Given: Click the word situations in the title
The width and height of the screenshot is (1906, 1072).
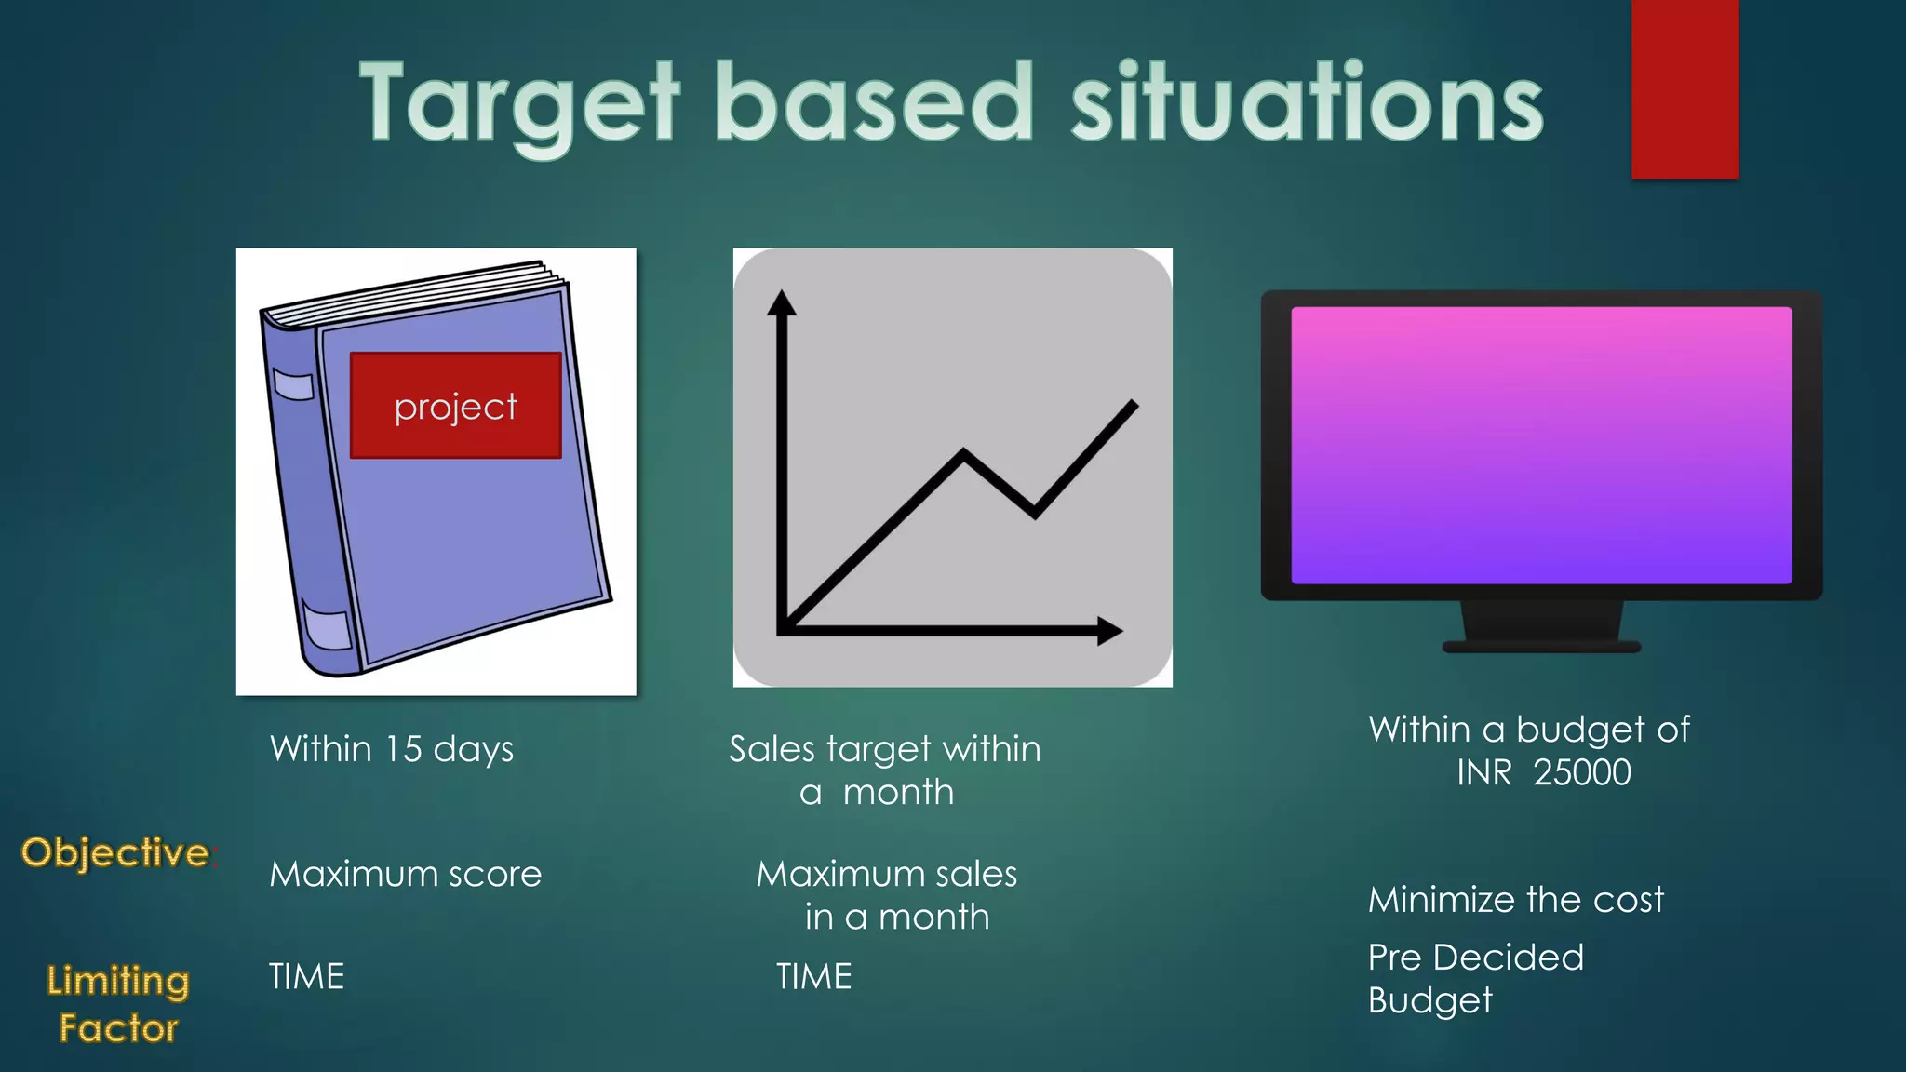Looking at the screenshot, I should coord(1307,102).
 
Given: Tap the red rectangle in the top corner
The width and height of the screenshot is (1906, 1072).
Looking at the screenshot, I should coord(1685,88).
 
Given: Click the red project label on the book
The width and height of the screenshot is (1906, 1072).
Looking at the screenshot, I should coord(455,406).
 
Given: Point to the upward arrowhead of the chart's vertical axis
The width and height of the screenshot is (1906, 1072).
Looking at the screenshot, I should coord(782,303).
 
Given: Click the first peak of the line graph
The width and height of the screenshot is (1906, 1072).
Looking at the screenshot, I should coord(963,453).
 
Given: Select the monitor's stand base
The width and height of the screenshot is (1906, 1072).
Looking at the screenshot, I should coord(1541,645).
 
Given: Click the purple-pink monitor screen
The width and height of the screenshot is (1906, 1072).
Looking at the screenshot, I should coord(1541,445).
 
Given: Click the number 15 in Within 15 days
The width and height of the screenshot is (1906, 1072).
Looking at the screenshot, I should coord(404,749).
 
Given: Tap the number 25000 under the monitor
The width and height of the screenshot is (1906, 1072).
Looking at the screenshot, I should coord(1582,772).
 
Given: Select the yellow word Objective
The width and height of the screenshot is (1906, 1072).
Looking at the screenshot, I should coord(115,852).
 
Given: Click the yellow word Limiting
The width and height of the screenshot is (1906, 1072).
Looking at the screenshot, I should coord(118,981).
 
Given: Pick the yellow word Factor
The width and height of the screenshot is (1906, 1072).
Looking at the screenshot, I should coord(118,1028).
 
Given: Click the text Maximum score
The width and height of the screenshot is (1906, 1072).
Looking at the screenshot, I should coord(405,874).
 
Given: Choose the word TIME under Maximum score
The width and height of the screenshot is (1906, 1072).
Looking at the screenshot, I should coord(306,976).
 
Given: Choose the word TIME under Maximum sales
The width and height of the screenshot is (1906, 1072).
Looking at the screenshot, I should coord(814,976).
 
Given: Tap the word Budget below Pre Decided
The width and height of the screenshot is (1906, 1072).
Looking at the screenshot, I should coord(1429,1000).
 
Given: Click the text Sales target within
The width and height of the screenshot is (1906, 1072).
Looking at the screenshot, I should coord(884,749).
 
